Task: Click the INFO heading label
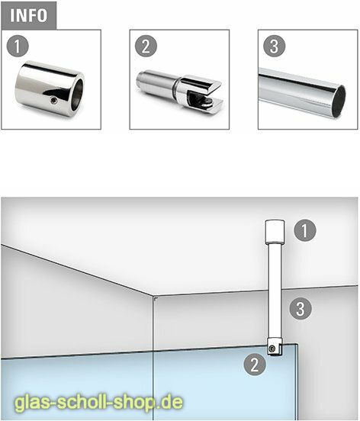[x=30, y=15]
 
